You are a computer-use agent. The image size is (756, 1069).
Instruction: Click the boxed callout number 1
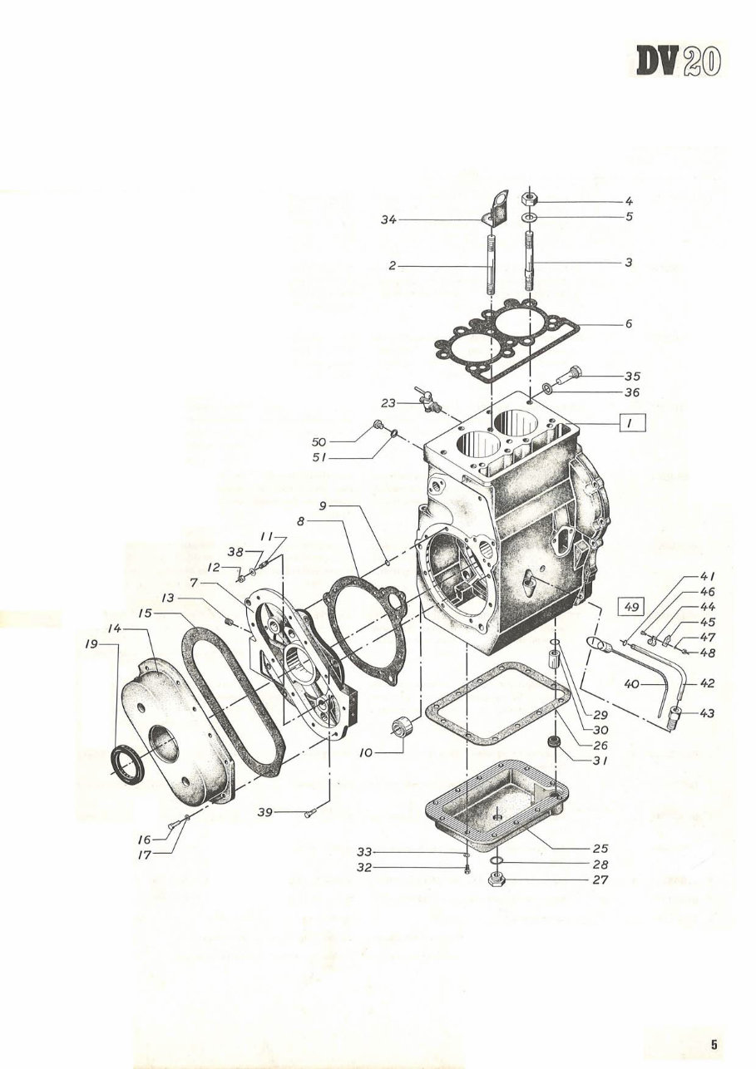pos(632,423)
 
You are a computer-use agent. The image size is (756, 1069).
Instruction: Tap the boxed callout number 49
pos(631,607)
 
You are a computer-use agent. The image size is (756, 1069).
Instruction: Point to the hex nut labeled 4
pos(531,198)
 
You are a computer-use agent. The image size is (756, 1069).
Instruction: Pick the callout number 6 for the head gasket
pos(629,323)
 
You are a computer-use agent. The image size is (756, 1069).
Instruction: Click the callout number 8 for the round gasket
pos(300,521)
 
